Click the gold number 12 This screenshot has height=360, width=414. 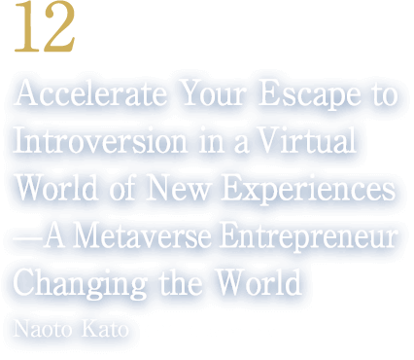coord(43,33)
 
